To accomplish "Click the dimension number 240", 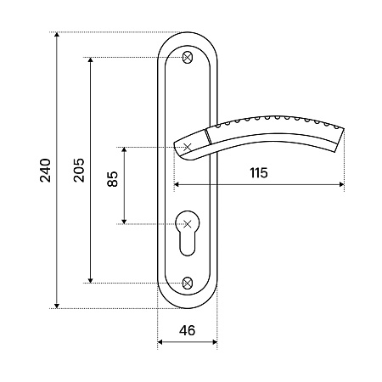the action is tap(46, 171).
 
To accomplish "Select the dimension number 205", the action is tap(79, 170).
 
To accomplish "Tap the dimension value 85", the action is tap(113, 179).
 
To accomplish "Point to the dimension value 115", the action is tap(259, 172).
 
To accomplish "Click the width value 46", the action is tap(187, 330).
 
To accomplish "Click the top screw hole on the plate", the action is tap(188, 58).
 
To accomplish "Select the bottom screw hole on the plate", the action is tap(188, 283).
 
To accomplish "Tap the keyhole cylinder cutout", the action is tap(188, 233).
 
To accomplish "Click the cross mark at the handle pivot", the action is tap(188, 147).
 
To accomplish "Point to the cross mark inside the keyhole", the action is tap(188, 224).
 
